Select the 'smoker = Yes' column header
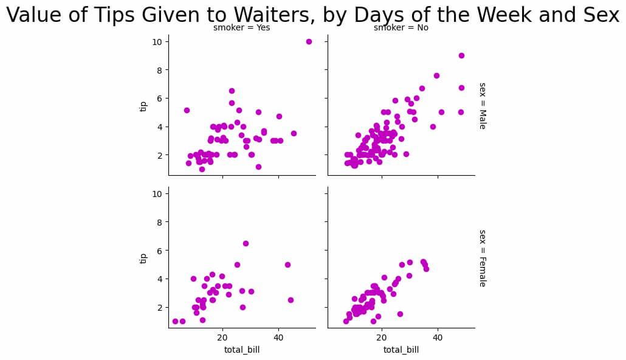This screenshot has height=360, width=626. (x=241, y=27)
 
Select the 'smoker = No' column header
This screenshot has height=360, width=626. (x=401, y=27)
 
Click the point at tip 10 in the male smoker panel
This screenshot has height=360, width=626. (x=309, y=41)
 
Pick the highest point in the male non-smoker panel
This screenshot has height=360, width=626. (x=461, y=55)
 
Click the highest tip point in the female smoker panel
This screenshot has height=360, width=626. (x=246, y=243)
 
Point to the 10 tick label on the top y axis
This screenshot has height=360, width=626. (x=156, y=42)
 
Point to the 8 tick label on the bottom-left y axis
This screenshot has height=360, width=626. (x=159, y=223)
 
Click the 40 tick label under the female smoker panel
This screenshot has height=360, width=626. (x=278, y=337)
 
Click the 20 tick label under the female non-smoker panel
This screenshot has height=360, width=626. (x=382, y=337)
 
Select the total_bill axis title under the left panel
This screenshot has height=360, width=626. (x=242, y=350)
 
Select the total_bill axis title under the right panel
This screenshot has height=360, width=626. (x=401, y=350)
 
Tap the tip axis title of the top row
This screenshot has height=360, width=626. (x=143, y=106)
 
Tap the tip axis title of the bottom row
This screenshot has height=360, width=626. (x=143, y=258)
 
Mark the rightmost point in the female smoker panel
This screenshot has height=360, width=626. (x=291, y=300)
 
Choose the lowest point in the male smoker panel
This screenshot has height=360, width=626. (x=202, y=169)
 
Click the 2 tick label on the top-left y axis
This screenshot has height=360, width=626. (x=159, y=155)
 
